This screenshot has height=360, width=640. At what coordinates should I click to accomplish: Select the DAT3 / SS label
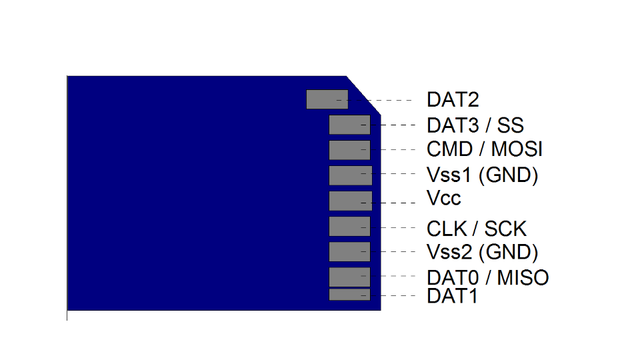coord(475,125)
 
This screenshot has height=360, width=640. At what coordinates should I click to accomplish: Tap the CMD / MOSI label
coord(485,149)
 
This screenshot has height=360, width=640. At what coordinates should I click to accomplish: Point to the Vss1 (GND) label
coord(482,175)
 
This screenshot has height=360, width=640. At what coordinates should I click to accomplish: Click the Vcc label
coord(444,199)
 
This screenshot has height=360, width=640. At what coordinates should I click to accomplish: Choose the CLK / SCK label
coord(477,229)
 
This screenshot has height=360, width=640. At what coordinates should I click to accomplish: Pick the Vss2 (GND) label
coord(482,252)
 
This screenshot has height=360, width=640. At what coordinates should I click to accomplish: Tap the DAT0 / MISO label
coord(487,277)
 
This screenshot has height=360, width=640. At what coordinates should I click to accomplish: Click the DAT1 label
coord(453,296)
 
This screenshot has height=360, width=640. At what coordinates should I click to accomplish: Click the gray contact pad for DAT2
coord(327,99)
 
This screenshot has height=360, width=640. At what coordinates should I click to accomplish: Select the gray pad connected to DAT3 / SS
coord(349,125)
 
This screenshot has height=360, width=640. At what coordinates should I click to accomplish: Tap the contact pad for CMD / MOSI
coord(349,150)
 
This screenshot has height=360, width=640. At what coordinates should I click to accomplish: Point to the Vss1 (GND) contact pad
coord(350,175)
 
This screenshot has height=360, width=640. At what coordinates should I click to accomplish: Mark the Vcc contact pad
coord(350,201)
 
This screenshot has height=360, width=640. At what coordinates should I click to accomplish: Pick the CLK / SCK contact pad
coord(349,227)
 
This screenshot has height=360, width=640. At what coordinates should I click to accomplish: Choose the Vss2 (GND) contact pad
coord(349,251)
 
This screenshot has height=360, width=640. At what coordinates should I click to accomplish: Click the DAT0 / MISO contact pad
coord(349,277)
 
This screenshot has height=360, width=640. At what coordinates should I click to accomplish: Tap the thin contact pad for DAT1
coord(349,295)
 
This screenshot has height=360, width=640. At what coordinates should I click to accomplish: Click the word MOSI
coord(517,149)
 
